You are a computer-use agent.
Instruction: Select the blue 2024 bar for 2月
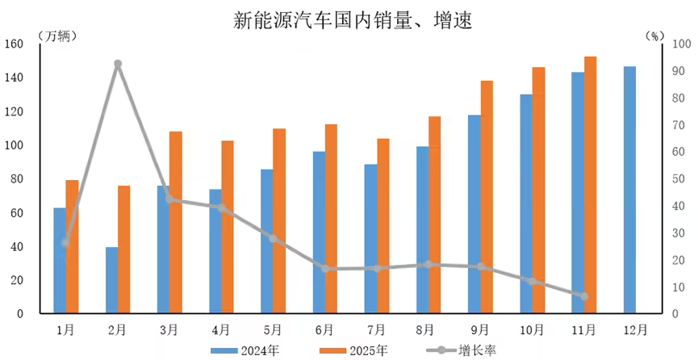pyautogui.click(x=111, y=280)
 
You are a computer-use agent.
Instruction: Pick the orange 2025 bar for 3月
pyautogui.click(x=176, y=222)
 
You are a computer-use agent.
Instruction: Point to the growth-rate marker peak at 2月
pyautogui.click(x=118, y=64)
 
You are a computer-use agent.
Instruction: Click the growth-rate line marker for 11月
pyautogui.click(x=584, y=296)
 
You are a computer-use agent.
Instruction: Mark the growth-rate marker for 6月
pyautogui.click(x=325, y=269)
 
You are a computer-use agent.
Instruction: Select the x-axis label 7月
pyautogui.click(x=376, y=329)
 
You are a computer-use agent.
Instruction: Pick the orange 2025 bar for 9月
pyautogui.click(x=487, y=197)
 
